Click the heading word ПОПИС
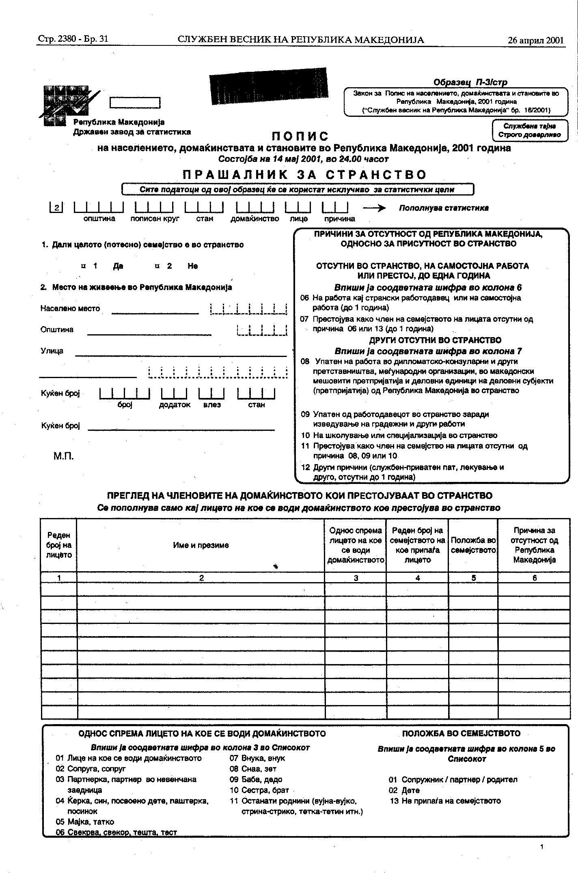coord(300,136)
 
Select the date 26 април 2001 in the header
coord(535,40)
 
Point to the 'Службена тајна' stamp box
coord(529,130)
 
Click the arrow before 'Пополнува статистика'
coord(374,208)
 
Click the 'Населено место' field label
coord(70,308)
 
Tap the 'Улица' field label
coord(52,351)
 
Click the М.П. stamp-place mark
coord(64,456)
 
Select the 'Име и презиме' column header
coord(201,545)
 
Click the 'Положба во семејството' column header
coord(473,545)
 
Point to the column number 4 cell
coord(417,578)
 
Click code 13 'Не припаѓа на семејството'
coord(445,801)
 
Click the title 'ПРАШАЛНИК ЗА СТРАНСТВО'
coord(304,175)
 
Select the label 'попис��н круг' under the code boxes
coord(154,219)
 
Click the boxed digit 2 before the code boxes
coord(56,208)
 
